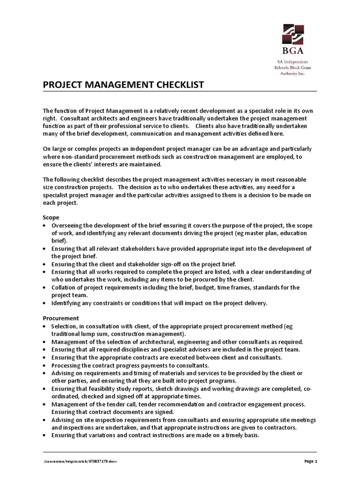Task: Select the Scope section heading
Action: (x=51, y=218)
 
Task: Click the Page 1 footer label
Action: (x=310, y=461)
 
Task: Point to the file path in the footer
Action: (x=80, y=461)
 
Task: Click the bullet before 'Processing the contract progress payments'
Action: (x=45, y=365)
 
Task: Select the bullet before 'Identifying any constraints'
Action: (x=45, y=303)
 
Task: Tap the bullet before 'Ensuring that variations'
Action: (x=45, y=435)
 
